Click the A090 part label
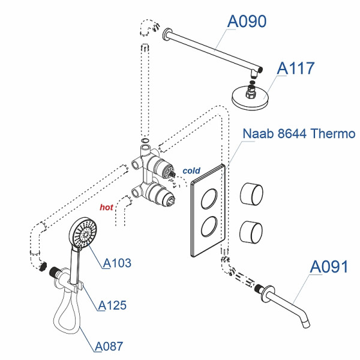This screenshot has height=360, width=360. pyautogui.click(x=247, y=21)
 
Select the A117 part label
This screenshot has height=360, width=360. pyautogui.click(x=295, y=68)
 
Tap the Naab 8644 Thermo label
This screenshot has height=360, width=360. pyautogui.click(x=299, y=133)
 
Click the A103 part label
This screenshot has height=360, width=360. pyautogui.click(x=117, y=263)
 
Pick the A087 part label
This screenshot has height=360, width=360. pyautogui.click(x=109, y=346)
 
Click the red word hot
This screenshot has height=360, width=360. pyautogui.click(x=106, y=207)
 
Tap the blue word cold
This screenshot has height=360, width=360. pyautogui.click(x=191, y=171)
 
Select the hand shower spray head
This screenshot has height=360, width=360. pyautogui.click(x=83, y=233)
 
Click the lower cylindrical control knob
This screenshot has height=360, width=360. pyautogui.click(x=252, y=230)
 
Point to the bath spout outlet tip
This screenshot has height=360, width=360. pyautogui.click(x=308, y=325)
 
